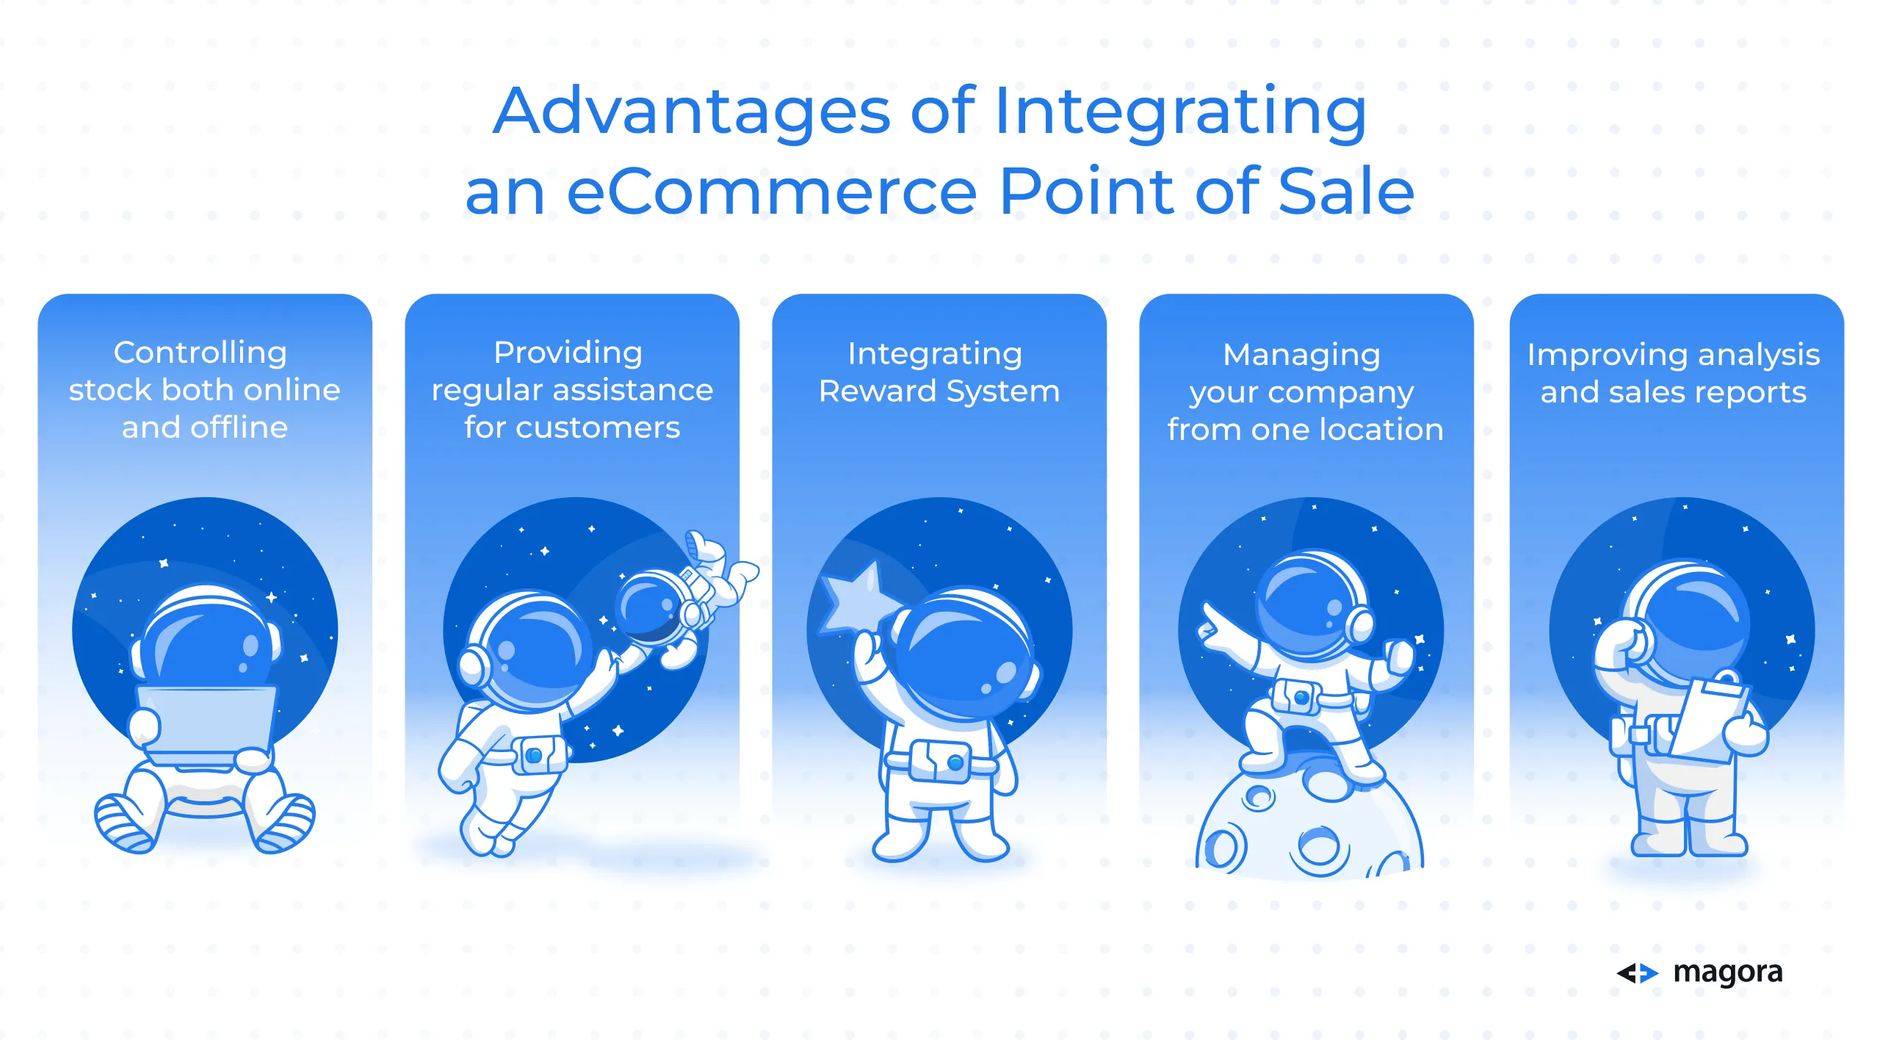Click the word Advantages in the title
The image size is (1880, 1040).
tap(693, 111)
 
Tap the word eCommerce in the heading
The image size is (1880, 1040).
tap(772, 192)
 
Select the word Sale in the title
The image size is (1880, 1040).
tap(1346, 192)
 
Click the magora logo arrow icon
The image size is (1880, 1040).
tap(1637, 973)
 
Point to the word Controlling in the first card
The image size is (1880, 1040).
tap(200, 353)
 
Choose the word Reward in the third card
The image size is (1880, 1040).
tap(877, 391)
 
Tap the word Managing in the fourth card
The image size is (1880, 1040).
tap(1301, 355)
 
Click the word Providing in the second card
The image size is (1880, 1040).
tap(568, 353)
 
